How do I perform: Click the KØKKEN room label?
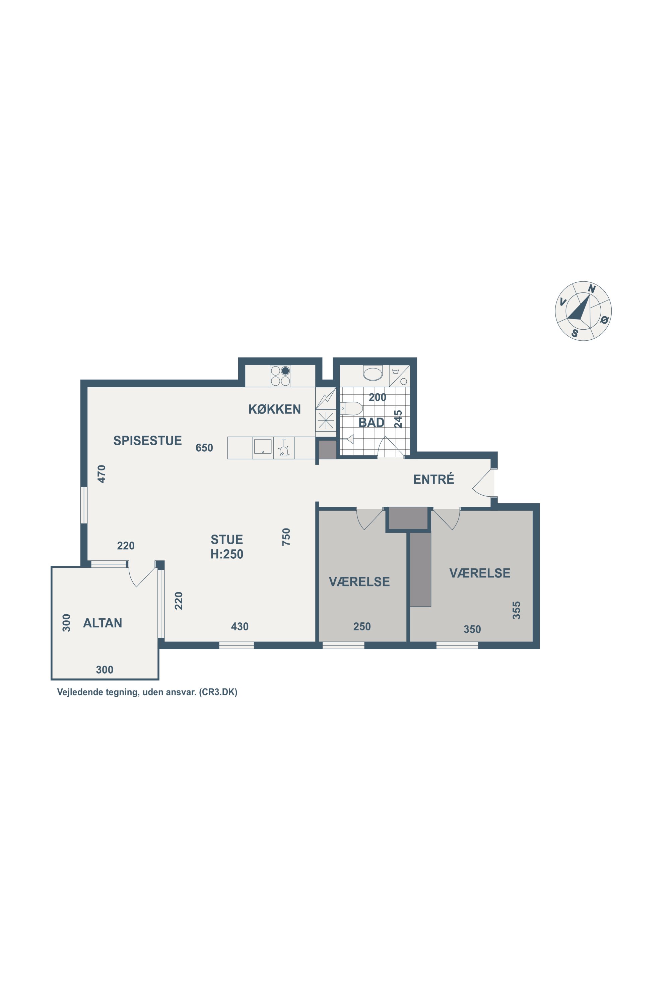click(x=274, y=409)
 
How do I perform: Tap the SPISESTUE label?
click(x=147, y=441)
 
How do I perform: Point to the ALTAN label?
click(x=103, y=623)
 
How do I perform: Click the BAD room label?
click(x=371, y=423)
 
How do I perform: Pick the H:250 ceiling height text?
click(x=227, y=554)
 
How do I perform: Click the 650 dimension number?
click(x=204, y=448)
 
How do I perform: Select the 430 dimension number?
click(x=240, y=627)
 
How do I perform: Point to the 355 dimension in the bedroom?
click(x=517, y=610)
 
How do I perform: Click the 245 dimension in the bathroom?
click(x=398, y=419)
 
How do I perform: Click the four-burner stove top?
click(x=280, y=376)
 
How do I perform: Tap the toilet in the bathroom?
click(x=351, y=408)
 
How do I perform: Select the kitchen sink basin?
click(x=263, y=446)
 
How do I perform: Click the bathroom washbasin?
click(x=373, y=373)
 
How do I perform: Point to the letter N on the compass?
click(x=592, y=289)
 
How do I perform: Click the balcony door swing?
click(x=141, y=575)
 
